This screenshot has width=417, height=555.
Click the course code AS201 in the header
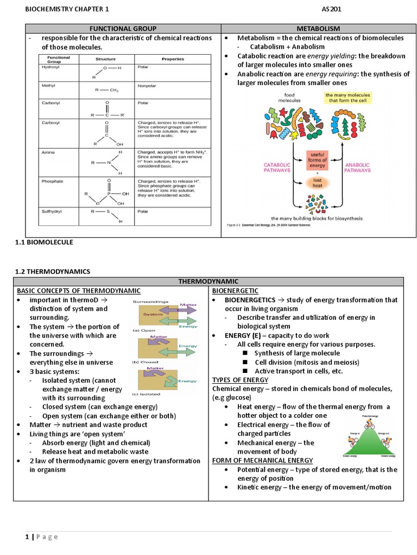[x=331, y=9]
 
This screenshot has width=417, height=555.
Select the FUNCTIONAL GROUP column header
[x=117, y=29]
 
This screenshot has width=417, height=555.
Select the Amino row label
[x=48, y=152]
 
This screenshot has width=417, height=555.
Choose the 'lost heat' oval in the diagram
[x=317, y=183]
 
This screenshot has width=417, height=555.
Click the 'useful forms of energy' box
[x=317, y=160]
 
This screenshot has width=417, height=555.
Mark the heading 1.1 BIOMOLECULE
[x=44, y=242]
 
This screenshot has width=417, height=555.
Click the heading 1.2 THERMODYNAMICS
[x=53, y=271]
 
